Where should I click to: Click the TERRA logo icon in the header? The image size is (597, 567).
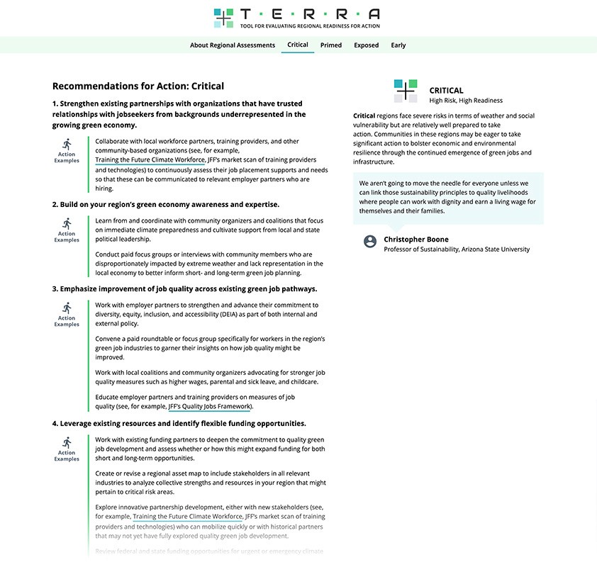(x=223, y=18)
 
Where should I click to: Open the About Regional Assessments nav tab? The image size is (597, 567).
(x=233, y=45)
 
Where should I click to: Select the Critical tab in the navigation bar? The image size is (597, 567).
(x=298, y=45)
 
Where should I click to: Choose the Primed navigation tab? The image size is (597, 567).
(x=331, y=45)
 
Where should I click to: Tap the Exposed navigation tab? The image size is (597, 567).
(x=367, y=45)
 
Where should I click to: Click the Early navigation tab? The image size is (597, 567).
(x=398, y=45)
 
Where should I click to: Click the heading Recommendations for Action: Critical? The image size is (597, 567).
(x=138, y=86)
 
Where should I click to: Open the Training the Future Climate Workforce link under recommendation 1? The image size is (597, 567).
(x=150, y=160)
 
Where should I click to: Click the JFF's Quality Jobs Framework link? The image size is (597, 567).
(x=210, y=407)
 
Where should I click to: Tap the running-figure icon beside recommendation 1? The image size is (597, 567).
(x=67, y=145)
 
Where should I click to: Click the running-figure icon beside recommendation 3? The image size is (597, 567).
(x=67, y=308)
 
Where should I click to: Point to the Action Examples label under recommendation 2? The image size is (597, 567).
(x=67, y=237)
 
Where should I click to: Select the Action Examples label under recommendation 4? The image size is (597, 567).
(x=67, y=456)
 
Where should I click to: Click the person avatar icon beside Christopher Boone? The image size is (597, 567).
(x=370, y=242)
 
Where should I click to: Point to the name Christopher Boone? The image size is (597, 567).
(x=416, y=240)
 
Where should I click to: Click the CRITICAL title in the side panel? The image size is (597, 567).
(x=447, y=91)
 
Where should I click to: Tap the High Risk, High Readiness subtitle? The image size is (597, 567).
(x=466, y=101)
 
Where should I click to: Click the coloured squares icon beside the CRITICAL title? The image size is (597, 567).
(x=406, y=91)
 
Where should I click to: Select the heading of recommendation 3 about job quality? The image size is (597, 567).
(x=184, y=289)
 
